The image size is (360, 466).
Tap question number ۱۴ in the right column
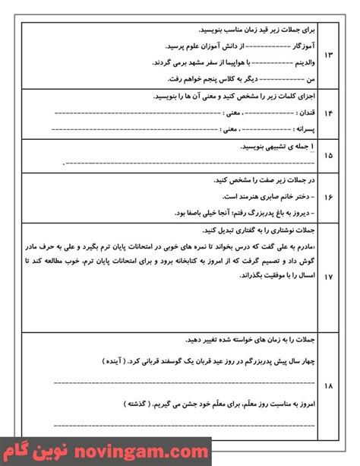[x=327, y=113]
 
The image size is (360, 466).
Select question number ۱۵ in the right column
[x=327, y=156]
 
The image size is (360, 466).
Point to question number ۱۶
[x=327, y=196]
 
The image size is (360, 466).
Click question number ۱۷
[x=327, y=278]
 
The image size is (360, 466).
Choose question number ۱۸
[x=327, y=386]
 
